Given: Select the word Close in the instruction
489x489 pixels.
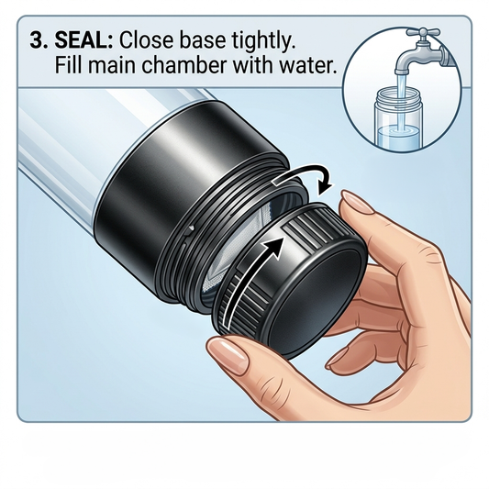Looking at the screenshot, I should [x=150, y=42].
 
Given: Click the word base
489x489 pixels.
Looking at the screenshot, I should [x=207, y=42].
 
